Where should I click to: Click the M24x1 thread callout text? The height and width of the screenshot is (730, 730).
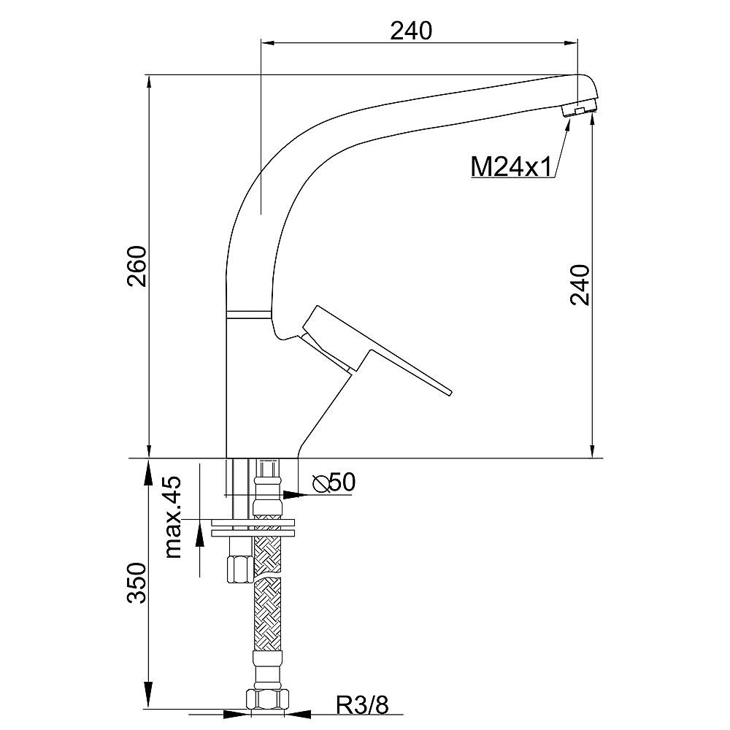(511, 166)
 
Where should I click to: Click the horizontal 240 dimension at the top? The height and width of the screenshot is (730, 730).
(411, 31)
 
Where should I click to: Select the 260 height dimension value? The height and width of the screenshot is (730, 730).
(138, 266)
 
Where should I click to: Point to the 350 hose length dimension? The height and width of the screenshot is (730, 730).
(137, 583)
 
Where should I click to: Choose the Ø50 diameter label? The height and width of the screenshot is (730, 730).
(334, 483)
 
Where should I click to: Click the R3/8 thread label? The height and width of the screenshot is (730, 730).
(363, 706)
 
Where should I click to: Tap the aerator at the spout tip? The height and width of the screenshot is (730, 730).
(580, 109)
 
